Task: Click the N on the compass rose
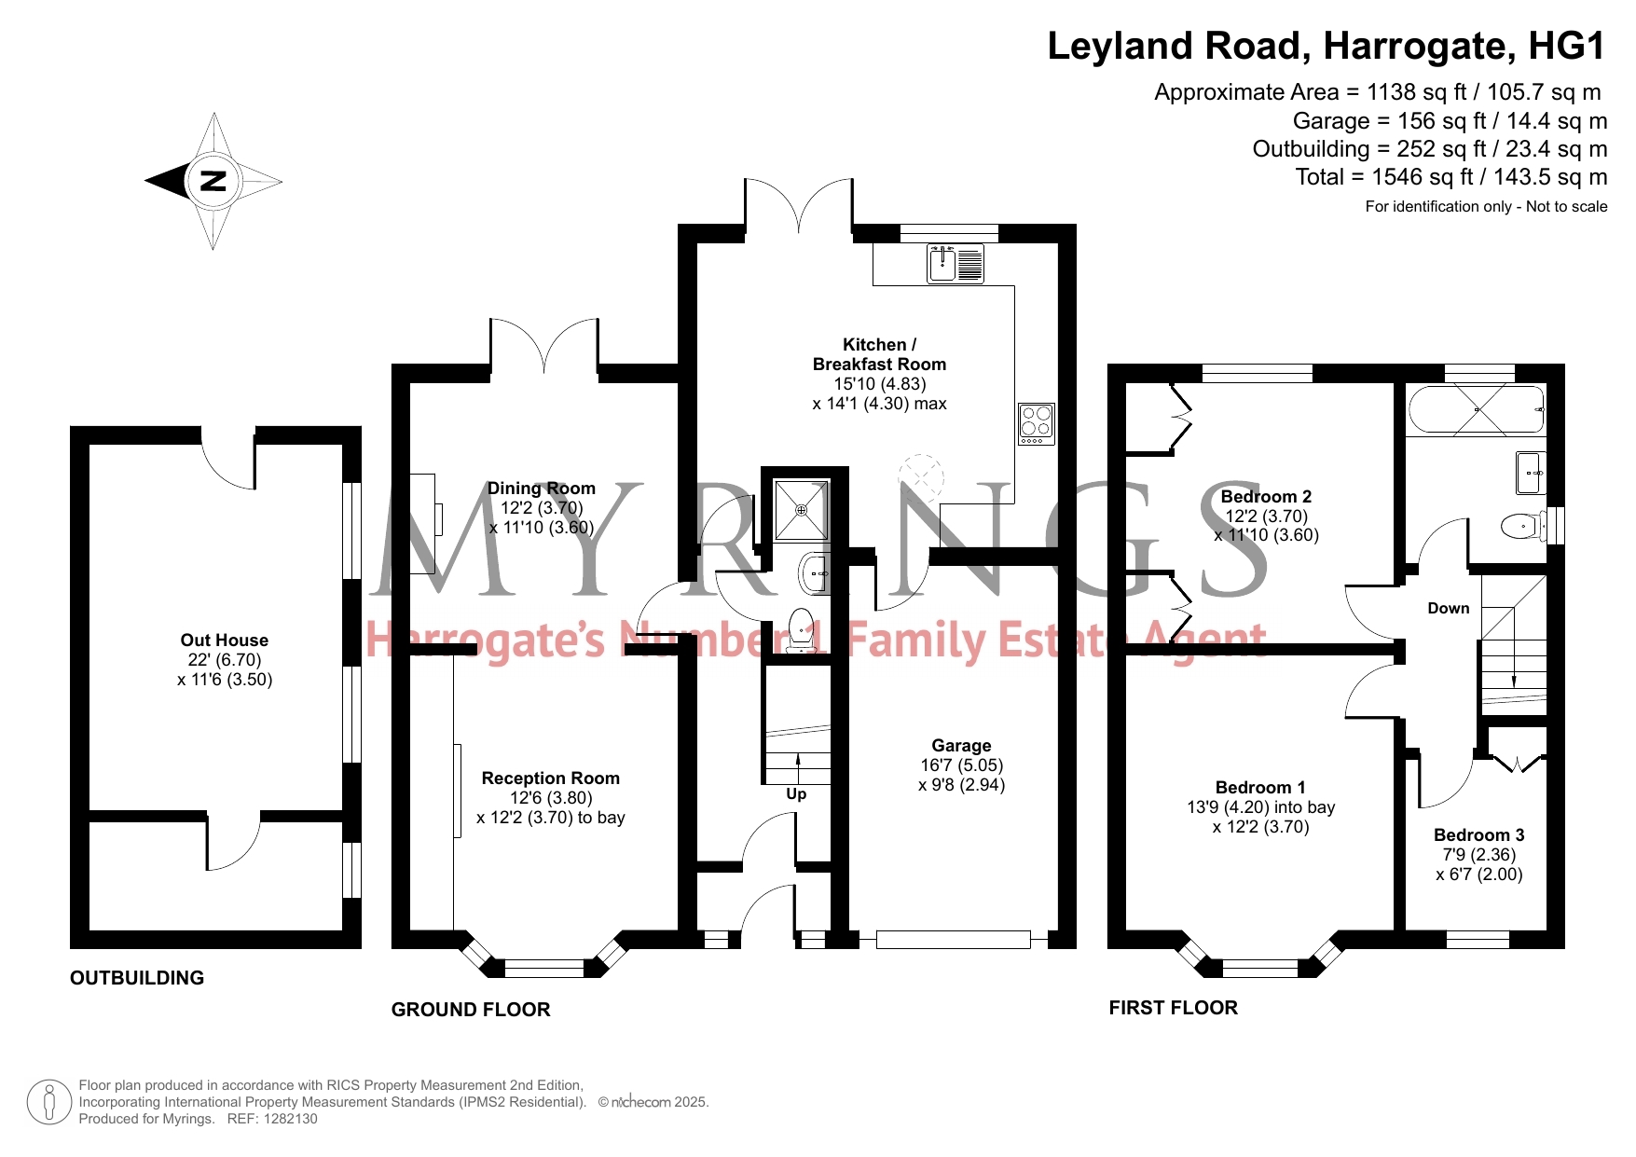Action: click(213, 181)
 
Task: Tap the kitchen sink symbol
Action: click(955, 264)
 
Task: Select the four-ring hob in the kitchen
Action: click(1037, 424)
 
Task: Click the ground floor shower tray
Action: click(802, 511)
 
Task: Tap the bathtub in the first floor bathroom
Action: click(1477, 410)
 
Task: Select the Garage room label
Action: click(961, 745)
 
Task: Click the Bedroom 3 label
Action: click(1479, 834)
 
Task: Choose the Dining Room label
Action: click(542, 488)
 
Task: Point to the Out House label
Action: click(225, 640)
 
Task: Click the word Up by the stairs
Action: click(796, 794)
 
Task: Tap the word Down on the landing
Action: click(1449, 608)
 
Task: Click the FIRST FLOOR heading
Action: click(1174, 1008)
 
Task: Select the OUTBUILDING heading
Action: click(137, 978)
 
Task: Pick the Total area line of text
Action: click(1451, 177)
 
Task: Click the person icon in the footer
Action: click(49, 1102)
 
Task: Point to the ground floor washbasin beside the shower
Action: click(814, 572)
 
